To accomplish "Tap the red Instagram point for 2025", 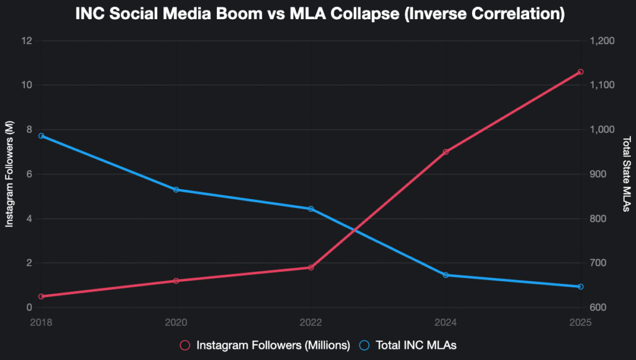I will (581, 72).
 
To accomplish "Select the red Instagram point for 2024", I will (445, 152).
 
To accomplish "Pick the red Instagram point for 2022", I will (311, 268).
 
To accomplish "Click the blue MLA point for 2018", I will (41, 136).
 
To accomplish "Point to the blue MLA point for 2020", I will (176, 189).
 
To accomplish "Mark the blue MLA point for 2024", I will (445, 275).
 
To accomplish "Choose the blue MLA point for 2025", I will (581, 287).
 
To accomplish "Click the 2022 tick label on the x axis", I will (311, 322).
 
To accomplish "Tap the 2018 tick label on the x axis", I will (41, 322).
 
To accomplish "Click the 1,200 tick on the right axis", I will (601, 41).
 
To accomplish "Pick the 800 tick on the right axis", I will (596, 219).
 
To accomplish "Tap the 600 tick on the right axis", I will (596, 308).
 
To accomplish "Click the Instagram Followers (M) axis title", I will (9, 174).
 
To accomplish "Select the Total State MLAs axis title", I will (626, 174).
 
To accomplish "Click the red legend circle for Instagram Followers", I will (184, 344).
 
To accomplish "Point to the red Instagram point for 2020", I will (176, 281).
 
